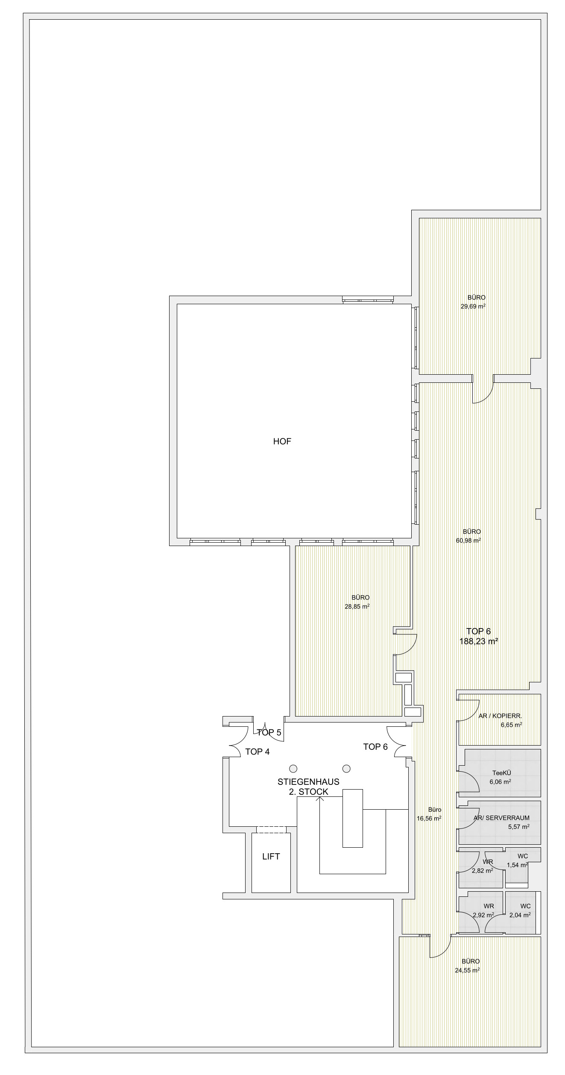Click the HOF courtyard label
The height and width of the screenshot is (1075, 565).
pyautogui.click(x=282, y=441)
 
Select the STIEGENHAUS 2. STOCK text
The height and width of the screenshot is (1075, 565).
pyautogui.click(x=308, y=787)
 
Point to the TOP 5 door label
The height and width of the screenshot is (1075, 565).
pyautogui.click(x=269, y=732)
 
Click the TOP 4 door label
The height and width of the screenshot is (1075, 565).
pyautogui.click(x=257, y=752)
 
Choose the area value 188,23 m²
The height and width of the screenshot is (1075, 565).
pyautogui.click(x=479, y=641)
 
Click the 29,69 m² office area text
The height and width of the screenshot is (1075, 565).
pyautogui.click(x=473, y=306)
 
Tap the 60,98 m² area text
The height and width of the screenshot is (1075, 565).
pyautogui.click(x=468, y=540)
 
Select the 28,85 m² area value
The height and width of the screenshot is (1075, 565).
pyautogui.click(x=357, y=606)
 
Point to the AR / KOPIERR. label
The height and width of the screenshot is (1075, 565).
pyautogui.click(x=500, y=716)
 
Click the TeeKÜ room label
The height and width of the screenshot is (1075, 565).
pyautogui.click(x=502, y=772)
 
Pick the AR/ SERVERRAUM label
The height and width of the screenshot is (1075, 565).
pyautogui.click(x=501, y=818)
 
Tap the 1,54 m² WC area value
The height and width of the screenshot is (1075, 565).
pyautogui.click(x=518, y=865)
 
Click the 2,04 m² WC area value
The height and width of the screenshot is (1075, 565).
pyautogui.click(x=520, y=915)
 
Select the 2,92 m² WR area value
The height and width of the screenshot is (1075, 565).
pyautogui.click(x=483, y=915)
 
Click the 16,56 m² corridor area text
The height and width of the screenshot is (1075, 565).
pyautogui.click(x=429, y=818)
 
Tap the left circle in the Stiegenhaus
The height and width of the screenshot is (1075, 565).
pyautogui.click(x=293, y=768)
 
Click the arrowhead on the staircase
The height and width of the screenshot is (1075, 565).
pyautogui.click(x=319, y=798)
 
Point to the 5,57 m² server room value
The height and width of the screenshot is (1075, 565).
pyautogui.click(x=519, y=826)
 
